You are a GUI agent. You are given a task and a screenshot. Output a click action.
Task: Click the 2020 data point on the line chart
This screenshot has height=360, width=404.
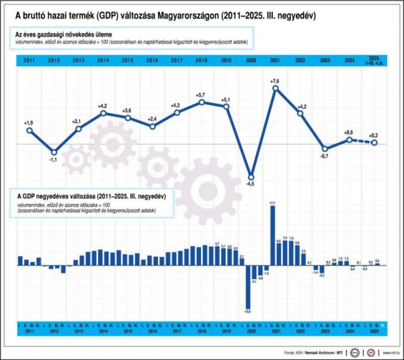[251, 177]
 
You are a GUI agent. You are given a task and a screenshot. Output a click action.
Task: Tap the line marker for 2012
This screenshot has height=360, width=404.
[54, 152]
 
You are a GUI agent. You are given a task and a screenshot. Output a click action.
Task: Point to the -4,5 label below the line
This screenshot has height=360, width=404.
[251, 184]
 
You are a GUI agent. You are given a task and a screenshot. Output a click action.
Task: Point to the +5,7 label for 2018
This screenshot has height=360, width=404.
[202, 95]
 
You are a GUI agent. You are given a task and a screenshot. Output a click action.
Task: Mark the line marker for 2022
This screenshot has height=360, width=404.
[300, 113]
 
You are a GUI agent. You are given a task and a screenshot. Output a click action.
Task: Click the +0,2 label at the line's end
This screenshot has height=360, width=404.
[374, 135]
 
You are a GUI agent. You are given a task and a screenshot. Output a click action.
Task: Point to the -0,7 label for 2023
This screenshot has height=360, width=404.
[325, 156]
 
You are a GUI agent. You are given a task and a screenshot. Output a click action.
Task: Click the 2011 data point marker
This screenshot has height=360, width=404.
[29, 130]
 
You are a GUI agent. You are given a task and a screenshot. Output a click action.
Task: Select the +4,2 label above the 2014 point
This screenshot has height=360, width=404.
[103, 106]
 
